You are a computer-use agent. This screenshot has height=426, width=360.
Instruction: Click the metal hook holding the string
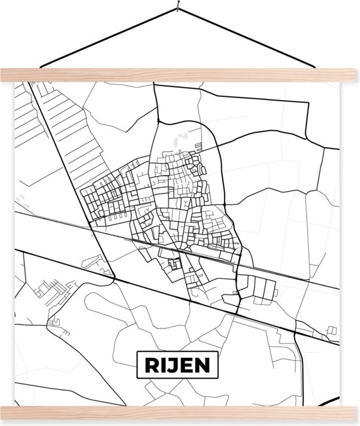(x=177, y=8)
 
